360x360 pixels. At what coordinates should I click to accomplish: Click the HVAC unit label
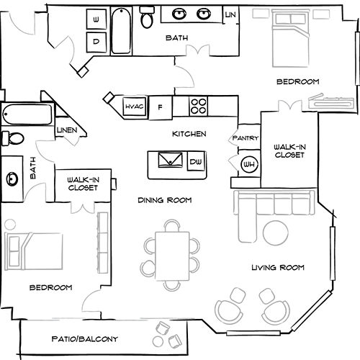coord(134,107)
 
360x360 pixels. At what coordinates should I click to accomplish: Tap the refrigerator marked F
coord(161,107)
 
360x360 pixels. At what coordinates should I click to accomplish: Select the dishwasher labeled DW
coord(195,163)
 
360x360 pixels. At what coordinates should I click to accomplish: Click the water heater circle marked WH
coord(248,163)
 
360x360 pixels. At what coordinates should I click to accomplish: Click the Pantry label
coord(240,138)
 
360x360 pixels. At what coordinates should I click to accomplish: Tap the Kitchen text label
coord(189,134)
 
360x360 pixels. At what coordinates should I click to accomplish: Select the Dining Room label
coord(164,200)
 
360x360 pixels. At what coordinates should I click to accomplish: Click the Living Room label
coord(277,267)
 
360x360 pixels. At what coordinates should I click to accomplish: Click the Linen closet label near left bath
coord(68,130)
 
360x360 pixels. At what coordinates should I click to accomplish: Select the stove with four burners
coord(199,106)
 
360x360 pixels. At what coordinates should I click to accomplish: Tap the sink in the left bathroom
coord(12,177)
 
